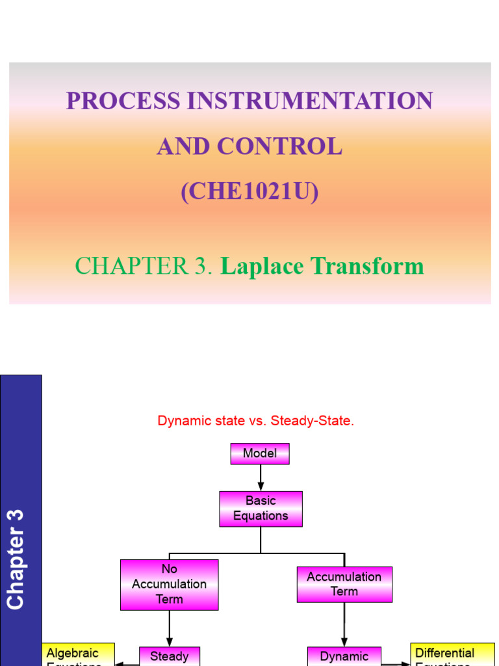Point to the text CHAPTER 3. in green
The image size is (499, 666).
[x=144, y=266]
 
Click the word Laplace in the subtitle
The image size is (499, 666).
[x=262, y=266]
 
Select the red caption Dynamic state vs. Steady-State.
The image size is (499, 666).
[x=256, y=421]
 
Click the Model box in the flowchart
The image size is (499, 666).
[x=260, y=453]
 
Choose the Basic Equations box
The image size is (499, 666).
[x=261, y=508]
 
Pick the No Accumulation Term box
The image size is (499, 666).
[x=169, y=584]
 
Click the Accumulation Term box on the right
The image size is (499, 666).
[x=344, y=584]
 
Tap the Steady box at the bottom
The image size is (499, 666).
[x=169, y=656]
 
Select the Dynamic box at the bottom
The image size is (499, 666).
[x=344, y=656]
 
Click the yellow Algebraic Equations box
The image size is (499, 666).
[x=79, y=654]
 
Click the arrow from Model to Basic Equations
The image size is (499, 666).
[x=261, y=477]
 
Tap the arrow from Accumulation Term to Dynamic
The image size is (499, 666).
[x=344, y=624]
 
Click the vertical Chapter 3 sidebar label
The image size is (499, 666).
[x=15, y=559]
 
